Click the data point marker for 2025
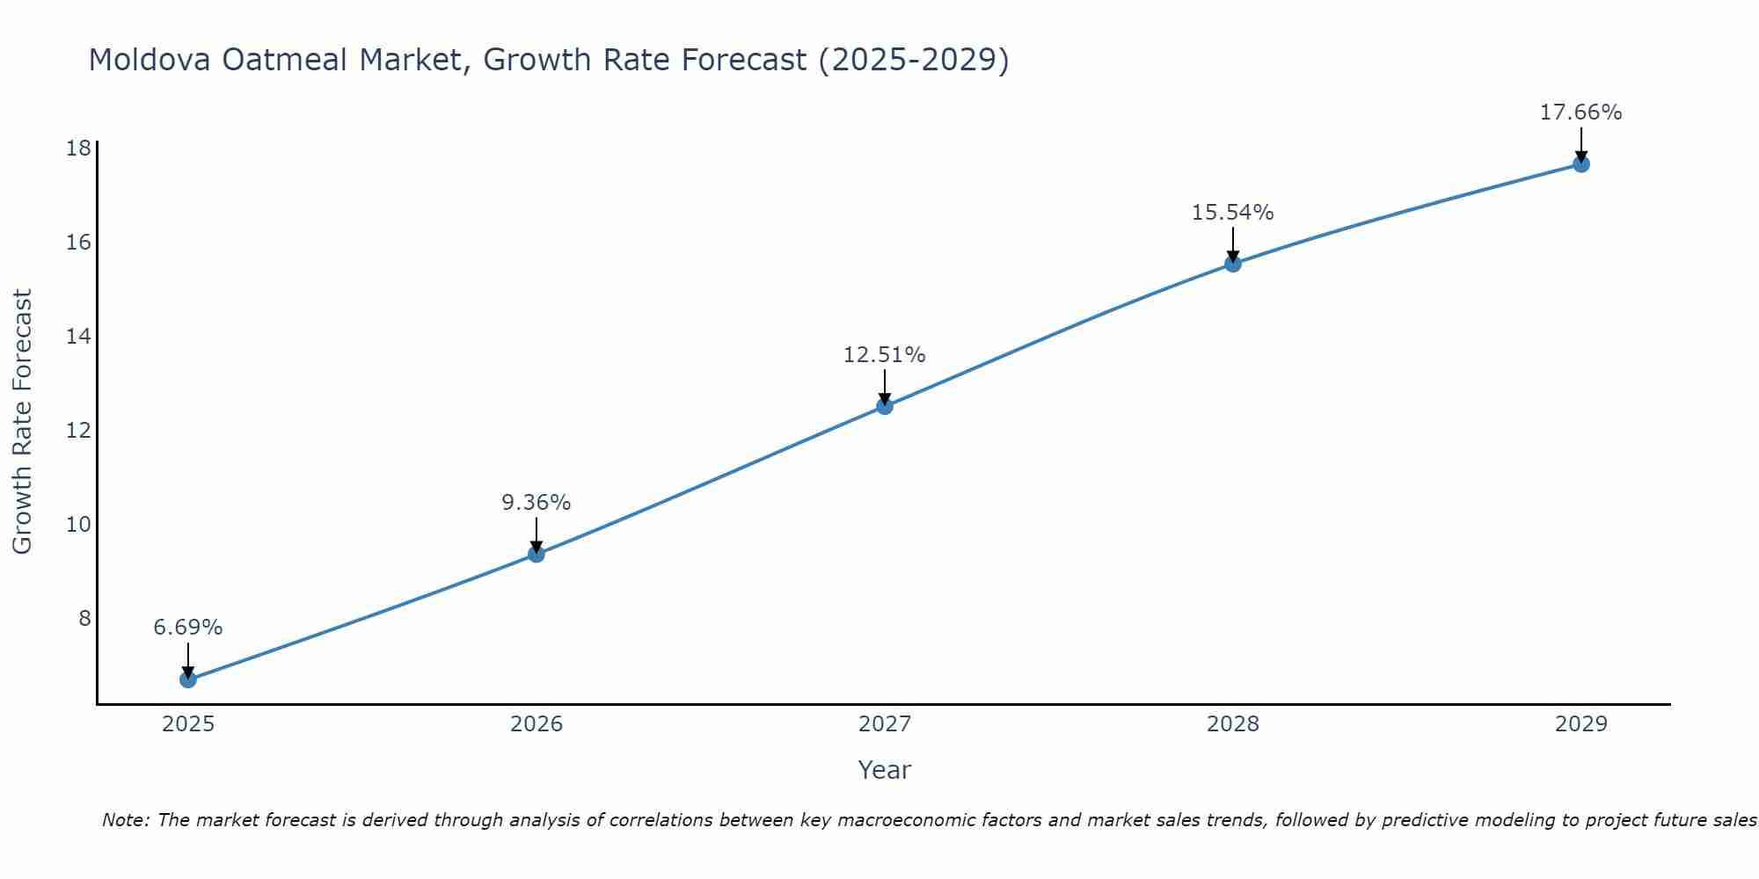pos(188,679)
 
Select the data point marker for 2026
pos(536,554)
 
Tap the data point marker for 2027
pos(885,406)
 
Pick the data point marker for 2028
pos(1233,264)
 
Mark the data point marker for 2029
pos(1581,164)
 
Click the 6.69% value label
pos(188,628)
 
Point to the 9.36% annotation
pos(536,503)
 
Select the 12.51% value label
pos(885,355)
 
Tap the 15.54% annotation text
pos(1233,213)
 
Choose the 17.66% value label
pos(1581,113)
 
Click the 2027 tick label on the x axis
pos(885,724)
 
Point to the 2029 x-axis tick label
pos(1581,724)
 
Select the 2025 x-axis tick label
pos(188,724)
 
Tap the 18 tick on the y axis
pos(79,148)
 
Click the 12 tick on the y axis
pos(79,431)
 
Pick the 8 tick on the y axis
pos(84,619)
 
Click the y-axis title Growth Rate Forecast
pos(22,422)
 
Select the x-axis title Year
pos(885,770)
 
